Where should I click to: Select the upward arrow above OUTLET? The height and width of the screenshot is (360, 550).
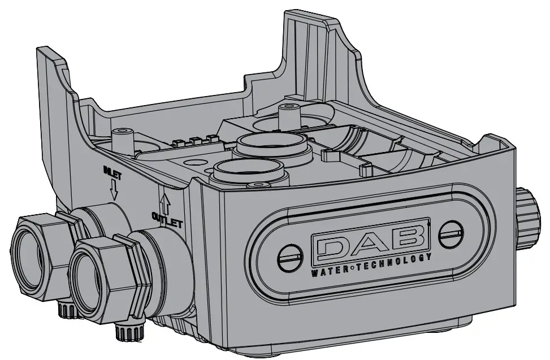click(x=166, y=200)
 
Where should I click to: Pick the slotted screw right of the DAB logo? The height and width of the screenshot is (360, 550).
click(x=449, y=229)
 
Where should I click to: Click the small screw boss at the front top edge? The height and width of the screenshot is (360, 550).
click(x=259, y=185)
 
